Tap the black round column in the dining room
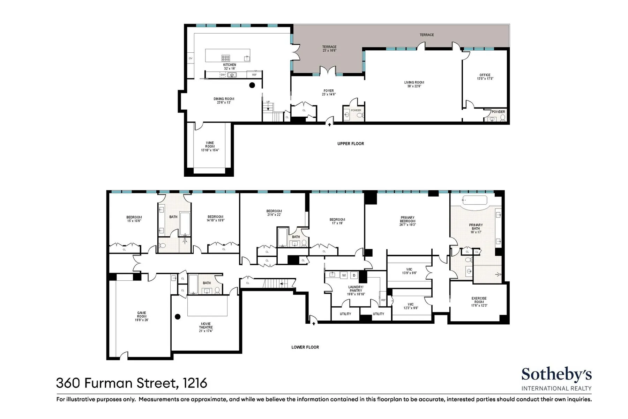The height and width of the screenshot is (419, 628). pos(252,85)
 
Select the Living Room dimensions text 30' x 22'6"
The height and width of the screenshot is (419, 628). pos(414,86)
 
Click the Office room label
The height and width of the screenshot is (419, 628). pos(485,75)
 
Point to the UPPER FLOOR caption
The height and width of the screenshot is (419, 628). pos(350,144)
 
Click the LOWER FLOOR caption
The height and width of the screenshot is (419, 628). pos(305,347)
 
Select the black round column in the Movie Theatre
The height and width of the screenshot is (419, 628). pos(178,317)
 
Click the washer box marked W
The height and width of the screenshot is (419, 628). pos(344,275)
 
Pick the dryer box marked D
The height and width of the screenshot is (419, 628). pos(354,275)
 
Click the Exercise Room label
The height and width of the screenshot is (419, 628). pos(479,300)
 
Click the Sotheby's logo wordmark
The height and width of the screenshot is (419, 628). pos(556,375)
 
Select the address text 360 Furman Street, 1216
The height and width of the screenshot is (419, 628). pos(132,383)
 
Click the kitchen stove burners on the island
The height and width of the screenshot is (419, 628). pos(226,58)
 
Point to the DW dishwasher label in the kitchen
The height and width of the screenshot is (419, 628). pos(223,75)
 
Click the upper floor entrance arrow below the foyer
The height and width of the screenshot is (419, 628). pos(329,123)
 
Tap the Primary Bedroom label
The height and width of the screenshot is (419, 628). pos(408,219)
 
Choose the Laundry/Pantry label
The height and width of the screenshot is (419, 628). pos(356,288)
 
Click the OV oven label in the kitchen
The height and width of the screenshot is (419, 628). pos(190,59)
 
